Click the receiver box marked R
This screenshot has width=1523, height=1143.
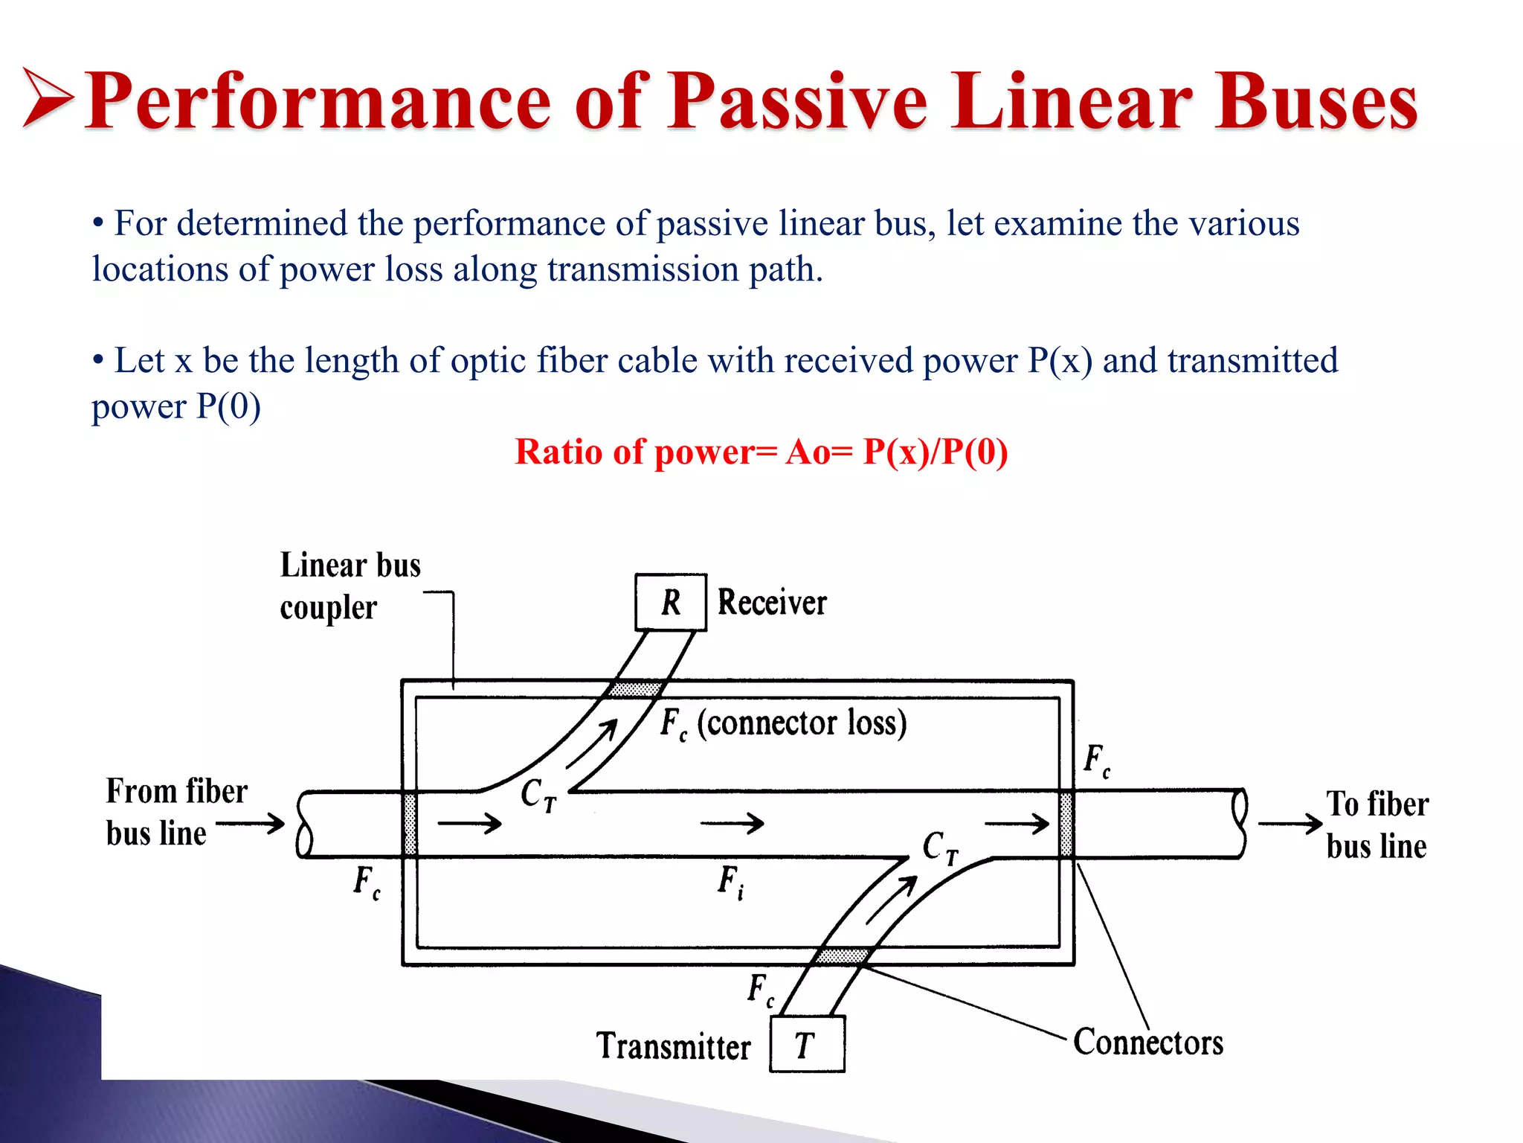pyautogui.click(x=670, y=602)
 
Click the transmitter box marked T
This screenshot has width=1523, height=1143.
pyautogui.click(x=807, y=1045)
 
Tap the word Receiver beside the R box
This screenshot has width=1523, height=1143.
pyautogui.click(x=772, y=602)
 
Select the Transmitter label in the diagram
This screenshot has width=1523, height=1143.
pyautogui.click(x=673, y=1046)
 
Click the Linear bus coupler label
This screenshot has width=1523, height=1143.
pyautogui.click(x=350, y=586)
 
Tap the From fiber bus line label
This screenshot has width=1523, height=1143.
pyautogui.click(x=176, y=812)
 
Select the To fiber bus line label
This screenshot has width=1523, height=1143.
pyautogui.click(x=1377, y=825)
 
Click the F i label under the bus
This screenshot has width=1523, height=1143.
pyautogui.click(x=730, y=882)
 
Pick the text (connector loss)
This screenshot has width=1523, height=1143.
pyautogui.click(x=802, y=723)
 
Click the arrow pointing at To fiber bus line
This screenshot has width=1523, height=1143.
pyautogui.click(x=1290, y=824)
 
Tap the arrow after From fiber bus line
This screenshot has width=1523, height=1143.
pyautogui.click(x=251, y=824)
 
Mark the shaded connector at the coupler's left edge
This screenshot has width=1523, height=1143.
pyautogui.click(x=410, y=824)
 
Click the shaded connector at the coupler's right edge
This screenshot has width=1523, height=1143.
pyautogui.click(x=1066, y=824)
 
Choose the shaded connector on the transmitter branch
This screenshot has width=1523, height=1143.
pyautogui.click(x=841, y=955)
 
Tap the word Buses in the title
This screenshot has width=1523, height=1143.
pyautogui.click(x=1316, y=102)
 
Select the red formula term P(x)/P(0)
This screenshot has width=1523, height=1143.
pyautogui.click(x=935, y=452)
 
